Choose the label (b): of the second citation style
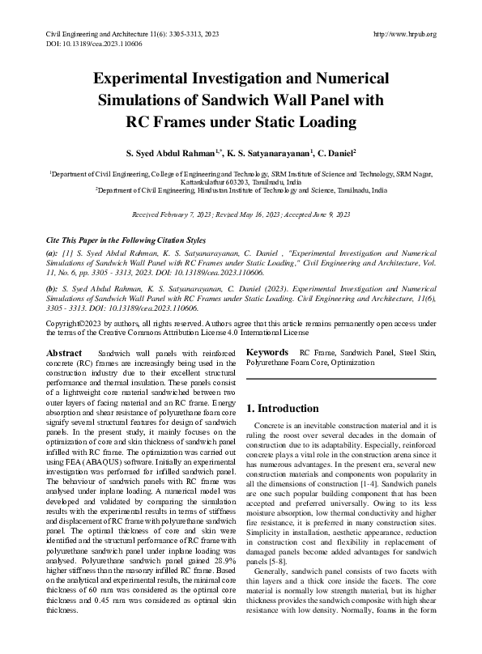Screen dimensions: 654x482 (52, 287)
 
